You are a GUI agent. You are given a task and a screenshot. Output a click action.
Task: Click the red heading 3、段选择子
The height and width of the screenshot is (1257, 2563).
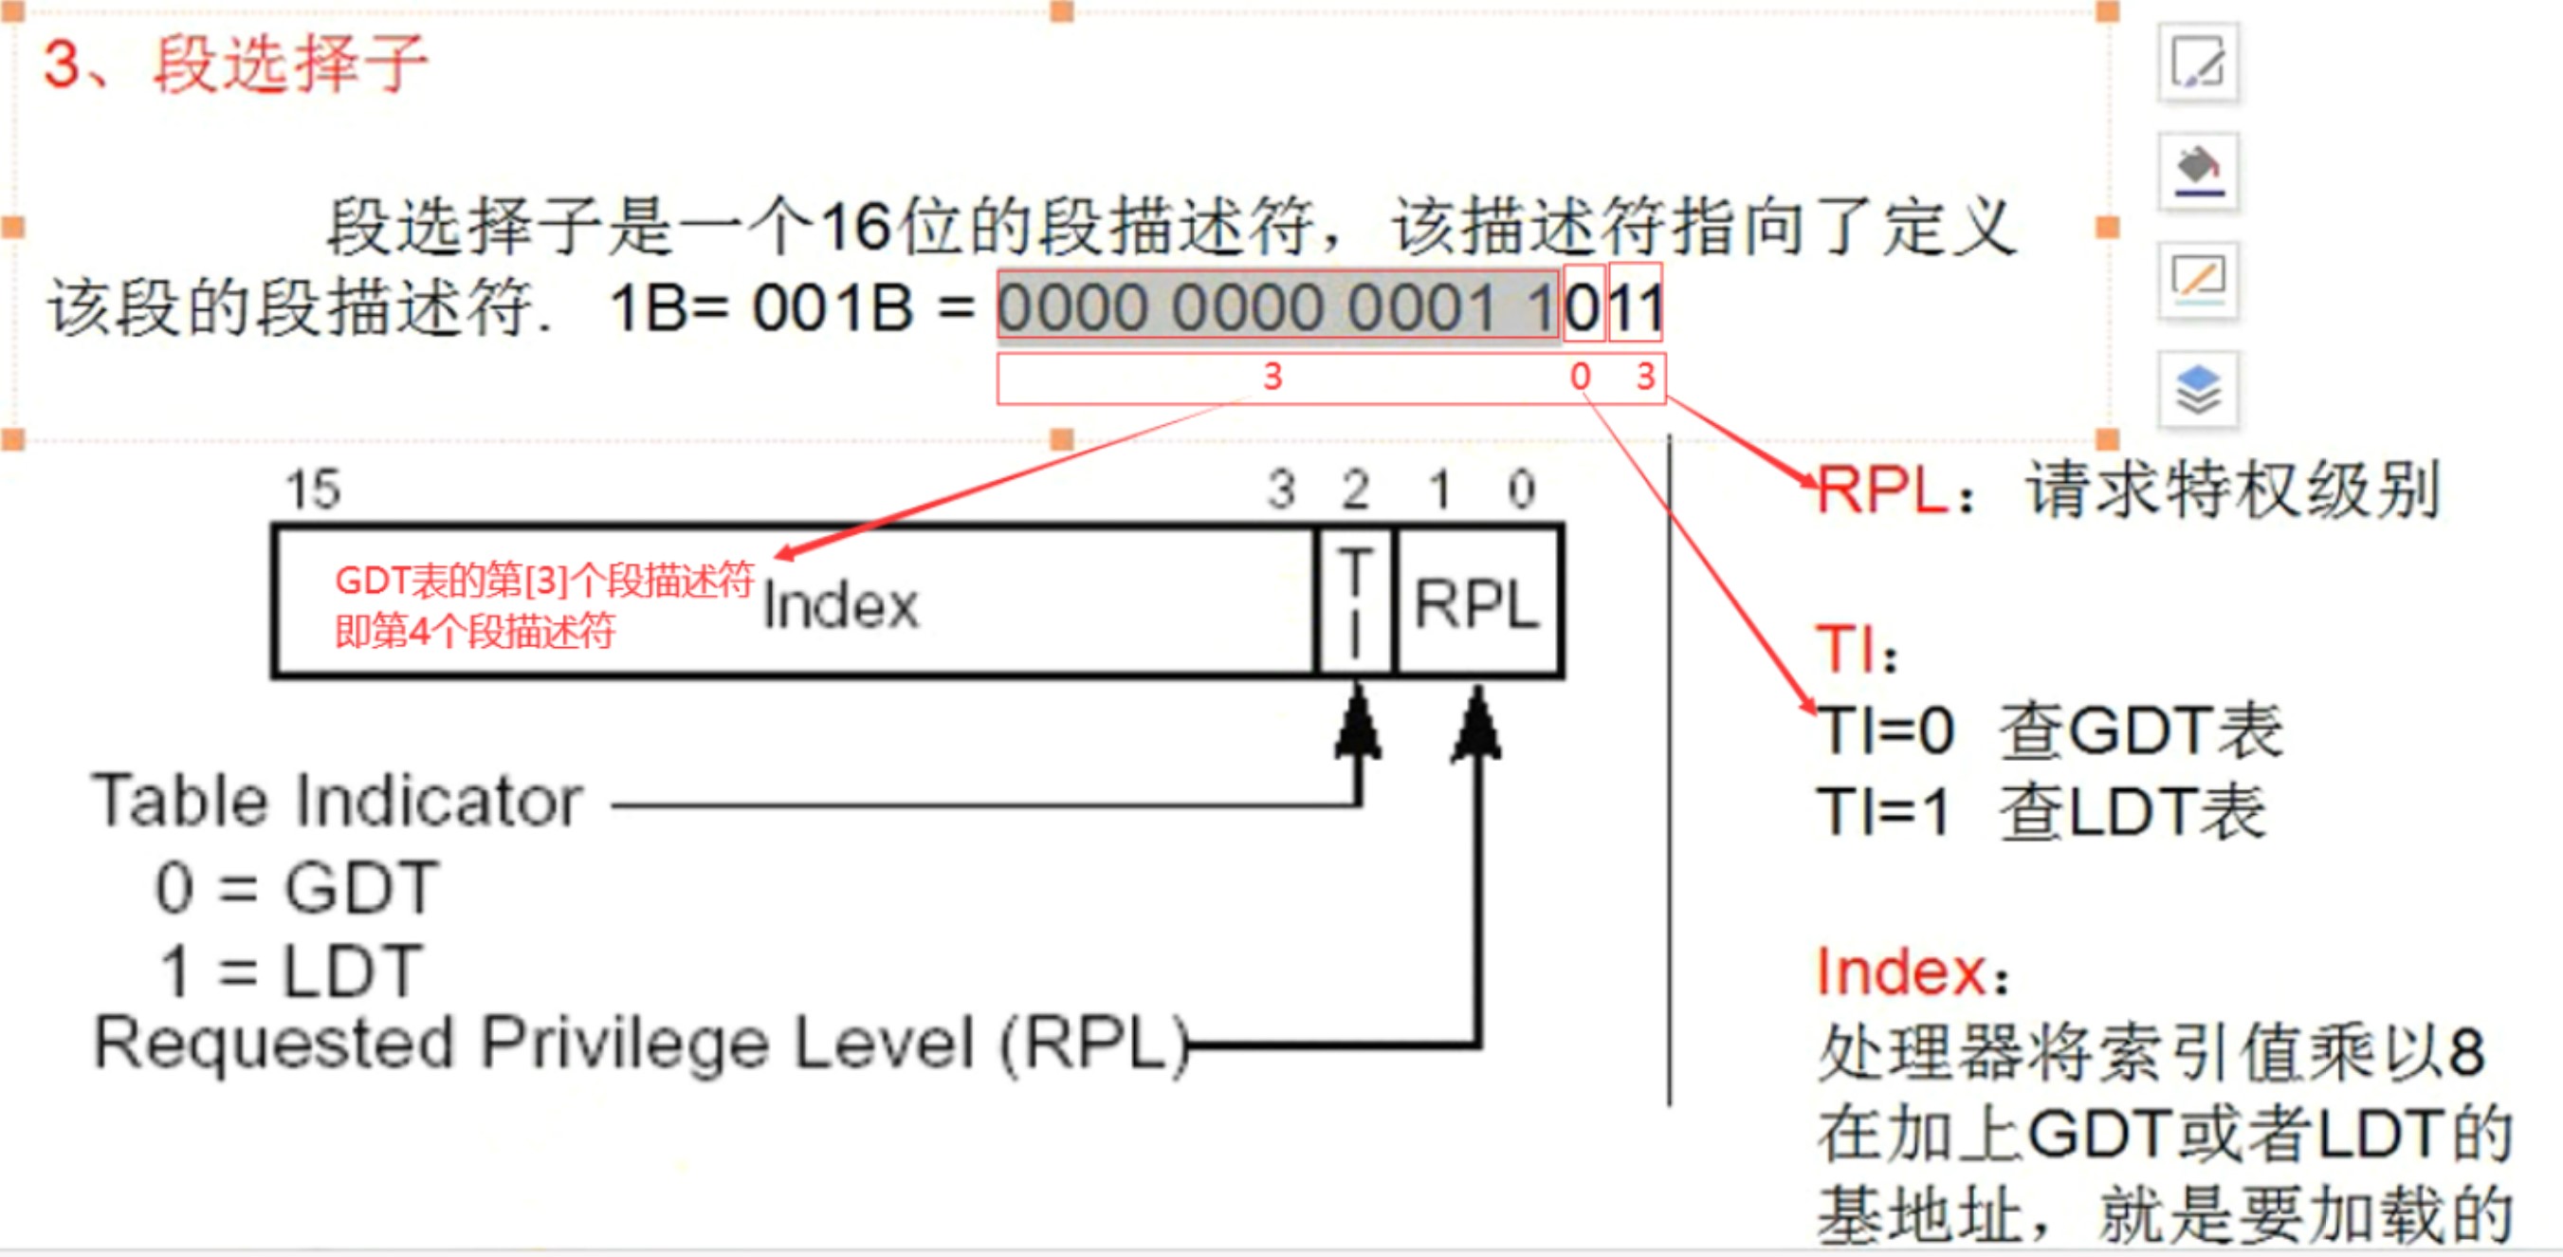[235, 65]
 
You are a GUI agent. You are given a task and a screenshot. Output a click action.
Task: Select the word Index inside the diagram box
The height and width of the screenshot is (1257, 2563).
[841, 605]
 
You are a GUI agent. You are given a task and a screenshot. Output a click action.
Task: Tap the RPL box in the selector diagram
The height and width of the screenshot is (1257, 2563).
[1477, 603]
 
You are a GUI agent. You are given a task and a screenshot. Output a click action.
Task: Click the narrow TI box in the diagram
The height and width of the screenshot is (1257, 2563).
[1355, 603]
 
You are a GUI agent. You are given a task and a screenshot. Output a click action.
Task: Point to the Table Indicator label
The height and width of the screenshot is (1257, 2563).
[337, 802]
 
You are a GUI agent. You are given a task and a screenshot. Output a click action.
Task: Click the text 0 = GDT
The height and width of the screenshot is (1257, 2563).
[297, 887]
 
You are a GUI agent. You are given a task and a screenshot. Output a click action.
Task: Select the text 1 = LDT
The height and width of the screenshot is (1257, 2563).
[291, 971]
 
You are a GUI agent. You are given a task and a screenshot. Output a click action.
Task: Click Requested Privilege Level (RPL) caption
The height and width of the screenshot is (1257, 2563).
[641, 1043]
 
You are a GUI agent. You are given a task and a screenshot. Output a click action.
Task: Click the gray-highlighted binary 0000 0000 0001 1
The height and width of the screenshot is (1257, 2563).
[1277, 306]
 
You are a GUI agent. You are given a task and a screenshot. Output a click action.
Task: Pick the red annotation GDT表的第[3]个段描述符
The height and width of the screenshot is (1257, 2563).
[544, 581]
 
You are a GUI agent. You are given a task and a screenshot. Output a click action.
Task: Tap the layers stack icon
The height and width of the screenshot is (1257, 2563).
[2198, 389]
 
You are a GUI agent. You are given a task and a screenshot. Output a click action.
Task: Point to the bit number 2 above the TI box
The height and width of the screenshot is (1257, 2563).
[1355, 490]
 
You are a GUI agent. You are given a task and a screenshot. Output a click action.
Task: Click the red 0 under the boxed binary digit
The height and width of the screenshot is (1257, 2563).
[1580, 378]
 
